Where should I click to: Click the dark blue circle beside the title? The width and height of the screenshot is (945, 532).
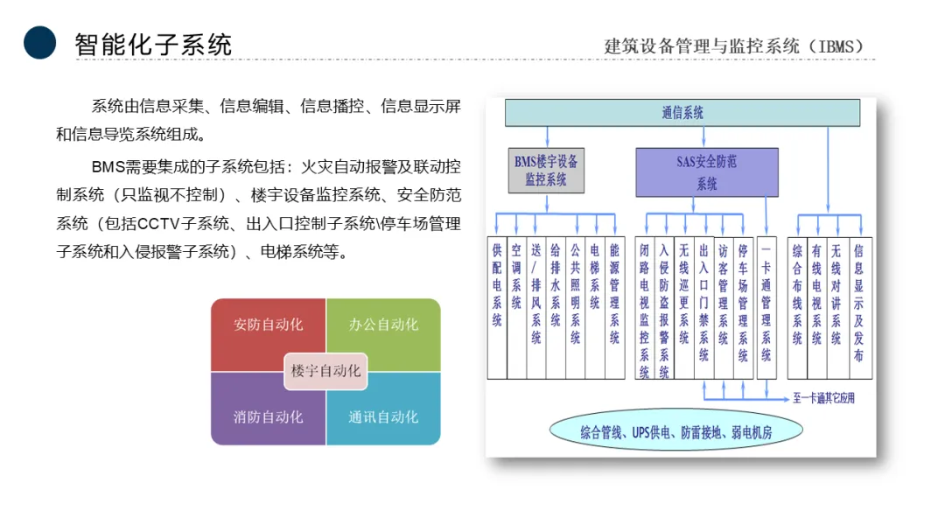coord(39,42)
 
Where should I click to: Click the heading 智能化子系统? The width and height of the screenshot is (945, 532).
coord(153,44)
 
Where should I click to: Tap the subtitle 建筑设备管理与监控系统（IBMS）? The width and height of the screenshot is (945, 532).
coord(734,46)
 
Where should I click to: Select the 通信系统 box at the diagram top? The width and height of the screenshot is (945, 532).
coord(682,113)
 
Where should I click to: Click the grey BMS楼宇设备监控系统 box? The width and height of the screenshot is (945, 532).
coord(546,170)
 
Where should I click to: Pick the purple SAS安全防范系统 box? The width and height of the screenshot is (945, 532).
coord(706,171)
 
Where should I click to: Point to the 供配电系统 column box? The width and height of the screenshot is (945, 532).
coord(497,306)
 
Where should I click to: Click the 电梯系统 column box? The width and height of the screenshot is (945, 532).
coord(595,306)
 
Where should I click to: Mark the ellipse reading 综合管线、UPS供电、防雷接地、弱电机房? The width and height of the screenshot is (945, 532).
coord(676,431)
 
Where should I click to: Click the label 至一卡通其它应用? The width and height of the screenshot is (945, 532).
coord(823,399)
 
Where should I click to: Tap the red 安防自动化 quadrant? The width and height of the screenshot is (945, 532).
coord(268,325)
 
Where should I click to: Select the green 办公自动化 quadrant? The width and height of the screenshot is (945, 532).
coord(383,325)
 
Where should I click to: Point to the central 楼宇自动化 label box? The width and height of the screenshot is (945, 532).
coord(325,371)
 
